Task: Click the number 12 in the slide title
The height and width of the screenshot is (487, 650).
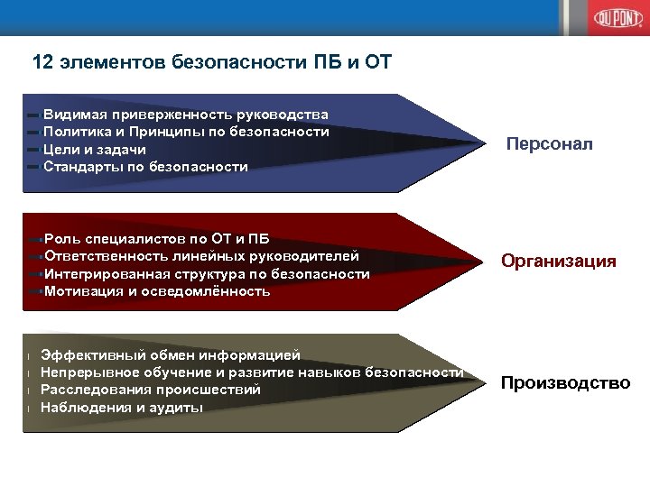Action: click(x=42, y=63)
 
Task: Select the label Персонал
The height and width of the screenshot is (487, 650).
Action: click(x=549, y=144)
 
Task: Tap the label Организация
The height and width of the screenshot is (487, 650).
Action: click(x=559, y=262)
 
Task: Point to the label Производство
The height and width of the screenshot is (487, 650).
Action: click(x=565, y=383)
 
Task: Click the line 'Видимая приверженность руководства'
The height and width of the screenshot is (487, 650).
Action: click(x=185, y=115)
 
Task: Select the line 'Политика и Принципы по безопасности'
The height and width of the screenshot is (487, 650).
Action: click(x=185, y=132)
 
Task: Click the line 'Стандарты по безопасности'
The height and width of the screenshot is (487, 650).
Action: click(x=144, y=167)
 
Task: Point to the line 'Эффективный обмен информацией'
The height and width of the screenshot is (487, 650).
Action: click(x=171, y=354)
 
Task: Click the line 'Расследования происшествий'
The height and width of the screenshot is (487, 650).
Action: click(x=151, y=390)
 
